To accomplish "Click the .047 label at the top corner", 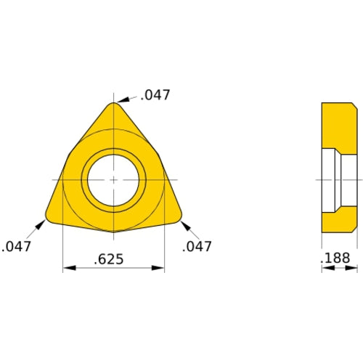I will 156,94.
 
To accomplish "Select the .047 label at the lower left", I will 17,247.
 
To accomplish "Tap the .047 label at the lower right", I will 197,247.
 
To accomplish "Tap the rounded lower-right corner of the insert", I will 178,216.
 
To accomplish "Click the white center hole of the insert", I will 114,179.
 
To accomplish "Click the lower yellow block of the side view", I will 338,222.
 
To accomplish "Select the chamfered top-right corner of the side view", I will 354,107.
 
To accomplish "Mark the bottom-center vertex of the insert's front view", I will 114,232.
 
